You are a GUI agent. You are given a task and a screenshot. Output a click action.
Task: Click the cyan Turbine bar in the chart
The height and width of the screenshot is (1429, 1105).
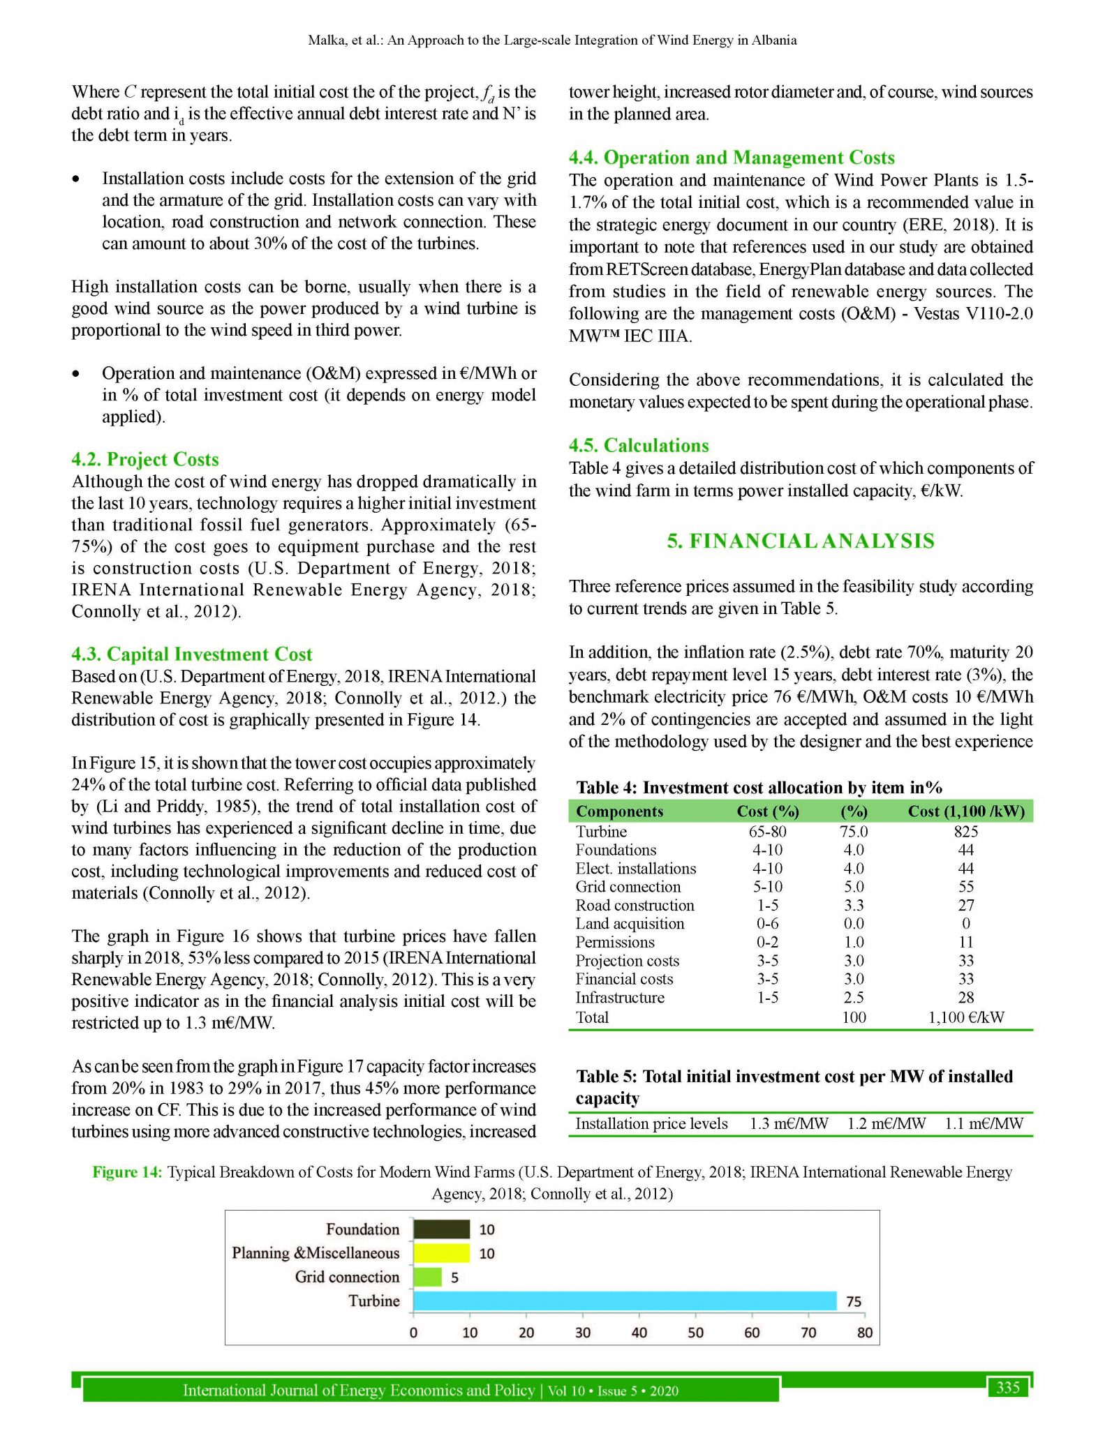tap(624, 1301)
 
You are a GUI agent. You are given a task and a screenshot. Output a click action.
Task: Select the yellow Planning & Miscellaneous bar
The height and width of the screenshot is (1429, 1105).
tap(441, 1253)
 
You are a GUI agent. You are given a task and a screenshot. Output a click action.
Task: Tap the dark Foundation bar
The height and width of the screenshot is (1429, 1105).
tap(441, 1229)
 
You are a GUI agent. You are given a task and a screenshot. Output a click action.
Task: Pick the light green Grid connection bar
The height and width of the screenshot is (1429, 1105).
tap(427, 1277)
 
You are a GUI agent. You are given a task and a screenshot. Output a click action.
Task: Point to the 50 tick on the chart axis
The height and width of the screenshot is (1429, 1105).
tap(695, 1332)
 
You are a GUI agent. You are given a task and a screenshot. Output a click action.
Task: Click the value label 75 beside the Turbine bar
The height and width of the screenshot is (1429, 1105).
tap(854, 1301)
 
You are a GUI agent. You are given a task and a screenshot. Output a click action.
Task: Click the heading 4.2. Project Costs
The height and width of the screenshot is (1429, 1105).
tap(145, 459)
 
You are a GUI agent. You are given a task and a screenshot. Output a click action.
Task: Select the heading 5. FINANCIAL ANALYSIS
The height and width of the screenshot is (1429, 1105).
tap(800, 541)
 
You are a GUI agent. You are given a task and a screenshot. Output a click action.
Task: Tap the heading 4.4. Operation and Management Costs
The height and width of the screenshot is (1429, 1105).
tap(732, 158)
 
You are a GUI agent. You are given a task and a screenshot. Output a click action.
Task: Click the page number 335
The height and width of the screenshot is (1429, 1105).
tap(1008, 1387)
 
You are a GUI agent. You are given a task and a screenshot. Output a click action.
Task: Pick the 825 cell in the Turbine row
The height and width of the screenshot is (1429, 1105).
tap(965, 832)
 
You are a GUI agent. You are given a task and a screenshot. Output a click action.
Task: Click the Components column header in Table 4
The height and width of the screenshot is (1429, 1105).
tap(619, 811)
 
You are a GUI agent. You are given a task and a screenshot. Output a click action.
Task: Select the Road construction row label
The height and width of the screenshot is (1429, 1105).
tap(635, 906)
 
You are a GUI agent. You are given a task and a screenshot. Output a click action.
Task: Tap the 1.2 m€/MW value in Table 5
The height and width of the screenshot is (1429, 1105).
tap(887, 1123)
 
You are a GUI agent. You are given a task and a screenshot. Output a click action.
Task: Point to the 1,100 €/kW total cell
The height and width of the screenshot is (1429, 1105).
tap(965, 1017)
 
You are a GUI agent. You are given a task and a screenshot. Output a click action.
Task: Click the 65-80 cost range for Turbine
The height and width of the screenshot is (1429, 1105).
tap(768, 832)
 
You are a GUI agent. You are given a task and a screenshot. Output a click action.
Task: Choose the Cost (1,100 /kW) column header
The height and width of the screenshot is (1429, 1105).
tap(965, 811)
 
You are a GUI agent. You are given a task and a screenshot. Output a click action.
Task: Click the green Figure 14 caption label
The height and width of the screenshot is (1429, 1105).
tap(127, 1172)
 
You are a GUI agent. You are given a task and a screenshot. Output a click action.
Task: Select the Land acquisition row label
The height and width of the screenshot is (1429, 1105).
tap(630, 924)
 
